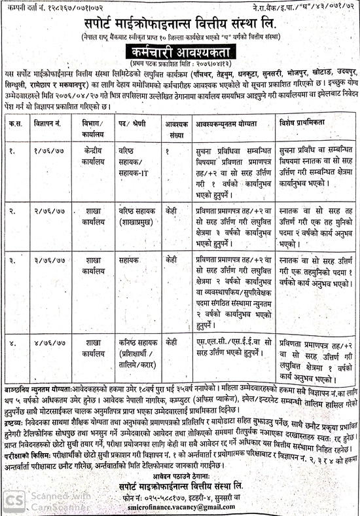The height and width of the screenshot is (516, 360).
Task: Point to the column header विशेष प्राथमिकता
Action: pyautogui.click(x=306, y=123)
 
